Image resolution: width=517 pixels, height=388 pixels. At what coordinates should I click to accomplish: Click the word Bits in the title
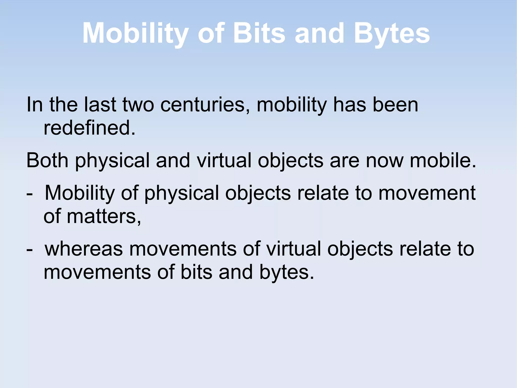(x=259, y=33)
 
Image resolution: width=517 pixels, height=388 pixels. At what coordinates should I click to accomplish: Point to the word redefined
(x=89, y=128)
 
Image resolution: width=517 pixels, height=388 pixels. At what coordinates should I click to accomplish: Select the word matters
(x=104, y=216)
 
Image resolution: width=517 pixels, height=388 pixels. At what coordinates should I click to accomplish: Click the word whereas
(x=84, y=249)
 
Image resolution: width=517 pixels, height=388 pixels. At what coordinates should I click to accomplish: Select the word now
(x=384, y=161)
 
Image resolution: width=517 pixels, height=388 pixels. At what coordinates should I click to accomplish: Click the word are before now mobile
(x=344, y=161)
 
